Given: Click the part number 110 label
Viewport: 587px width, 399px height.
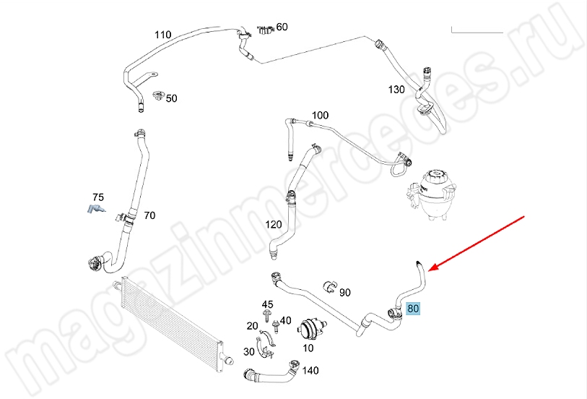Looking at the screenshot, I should [x=163, y=35].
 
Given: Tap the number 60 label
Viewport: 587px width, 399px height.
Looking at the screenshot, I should [x=282, y=27].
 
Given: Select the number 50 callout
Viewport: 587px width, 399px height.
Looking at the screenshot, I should [x=172, y=98].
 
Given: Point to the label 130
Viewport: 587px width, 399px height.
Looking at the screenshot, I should [x=396, y=90].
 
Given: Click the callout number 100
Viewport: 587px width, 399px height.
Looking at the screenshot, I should [x=320, y=116].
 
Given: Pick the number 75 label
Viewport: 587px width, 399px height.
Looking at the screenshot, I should [x=98, y=197].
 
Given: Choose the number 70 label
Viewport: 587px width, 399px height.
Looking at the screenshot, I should [x=149, y=215].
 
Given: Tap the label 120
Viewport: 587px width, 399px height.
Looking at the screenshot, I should [x=274, y=225].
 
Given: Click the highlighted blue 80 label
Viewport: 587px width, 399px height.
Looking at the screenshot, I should [x=414, y=309].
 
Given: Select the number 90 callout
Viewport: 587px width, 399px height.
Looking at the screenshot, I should [x=345, y=293].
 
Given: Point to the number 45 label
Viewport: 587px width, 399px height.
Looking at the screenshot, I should [x=267, y=304].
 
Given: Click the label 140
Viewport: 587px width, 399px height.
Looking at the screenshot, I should [x=310, y=371].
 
